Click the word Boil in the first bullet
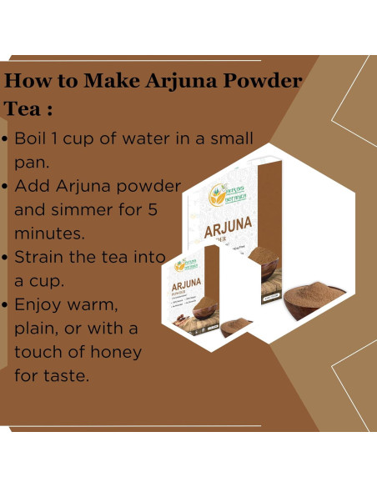[33, 138]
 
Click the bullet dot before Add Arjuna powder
[8, 187]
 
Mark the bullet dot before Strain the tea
[8, 258]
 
